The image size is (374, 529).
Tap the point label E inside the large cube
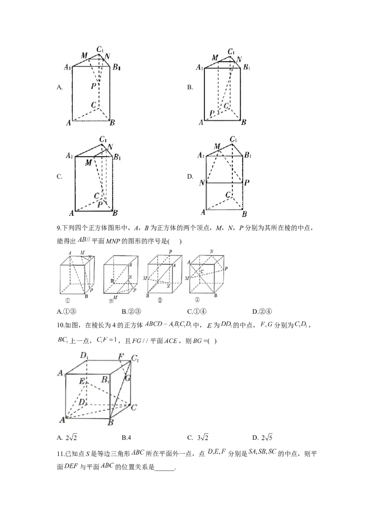82,382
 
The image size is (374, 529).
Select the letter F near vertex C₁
122,357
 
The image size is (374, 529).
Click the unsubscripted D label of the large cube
82,401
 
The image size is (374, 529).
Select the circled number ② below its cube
111,302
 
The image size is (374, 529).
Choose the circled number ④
197,300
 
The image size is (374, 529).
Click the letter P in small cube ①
91,290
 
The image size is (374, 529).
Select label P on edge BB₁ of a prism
246,183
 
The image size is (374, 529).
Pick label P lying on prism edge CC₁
93,86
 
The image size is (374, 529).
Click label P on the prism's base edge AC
211,114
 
